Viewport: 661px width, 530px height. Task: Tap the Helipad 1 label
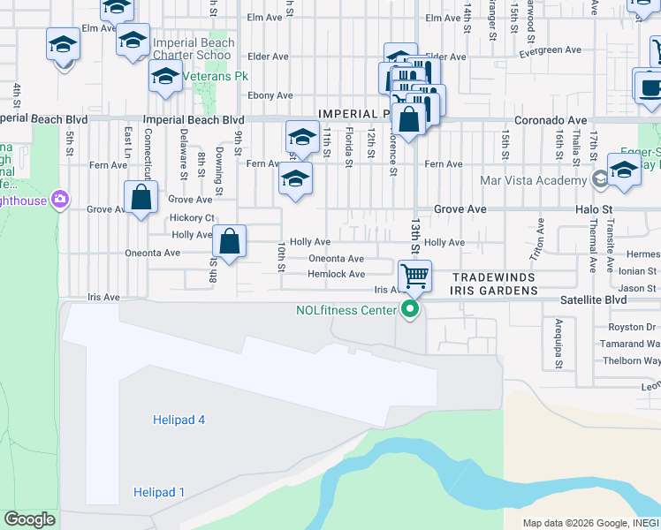pyautogui.click(x=159, y=492)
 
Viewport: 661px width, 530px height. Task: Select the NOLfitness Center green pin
pyautogui.click(x=409, y=309)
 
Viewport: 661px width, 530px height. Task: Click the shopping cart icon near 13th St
pyautogui.click(x=414, y=276)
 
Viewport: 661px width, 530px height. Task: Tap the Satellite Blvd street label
pyautogui.click(x=593, y=300)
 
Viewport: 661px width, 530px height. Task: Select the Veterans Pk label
pyautogui.click(x=209, y=76)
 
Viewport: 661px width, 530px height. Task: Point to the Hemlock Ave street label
pyautogui.click(x=337, y=275)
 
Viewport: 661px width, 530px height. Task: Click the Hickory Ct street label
pyautogui.click(x=192, y=217)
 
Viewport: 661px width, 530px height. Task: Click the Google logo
pyautogui.click(x=30, y=519)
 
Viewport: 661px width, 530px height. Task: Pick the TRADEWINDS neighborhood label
pyautogui.click(x=494, y=276)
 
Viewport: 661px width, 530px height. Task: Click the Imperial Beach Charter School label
pyautogui.click(x=194, y=49)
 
